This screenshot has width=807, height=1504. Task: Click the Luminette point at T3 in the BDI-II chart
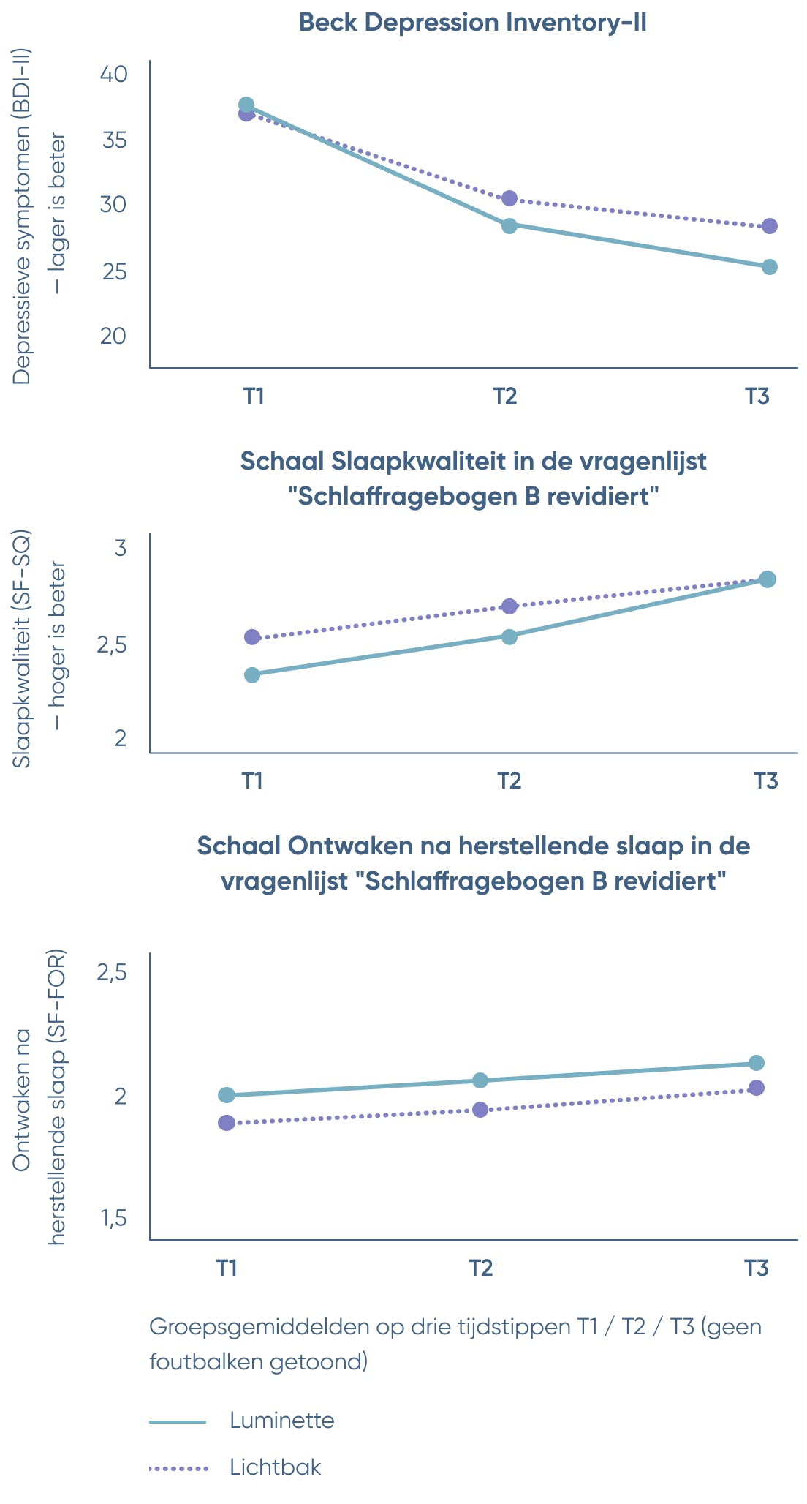769,267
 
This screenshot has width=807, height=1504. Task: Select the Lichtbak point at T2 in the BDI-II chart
509,198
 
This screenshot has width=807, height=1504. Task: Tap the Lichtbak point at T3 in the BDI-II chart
769,226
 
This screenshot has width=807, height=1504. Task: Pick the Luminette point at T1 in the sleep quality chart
252,674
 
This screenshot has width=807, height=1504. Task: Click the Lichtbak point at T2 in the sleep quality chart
509,606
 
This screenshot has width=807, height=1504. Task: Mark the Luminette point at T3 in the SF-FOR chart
757,1063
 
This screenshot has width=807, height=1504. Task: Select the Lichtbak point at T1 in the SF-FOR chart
227,1122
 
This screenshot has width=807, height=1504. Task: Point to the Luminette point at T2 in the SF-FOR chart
480,1080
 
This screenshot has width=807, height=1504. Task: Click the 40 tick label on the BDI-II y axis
113,74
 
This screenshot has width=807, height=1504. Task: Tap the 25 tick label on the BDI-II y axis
113,271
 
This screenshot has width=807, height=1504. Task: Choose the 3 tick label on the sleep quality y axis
121,548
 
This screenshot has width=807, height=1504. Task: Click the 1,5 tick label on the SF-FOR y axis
113,1218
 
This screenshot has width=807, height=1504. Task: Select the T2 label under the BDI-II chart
505,396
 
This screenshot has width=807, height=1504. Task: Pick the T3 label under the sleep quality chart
765,781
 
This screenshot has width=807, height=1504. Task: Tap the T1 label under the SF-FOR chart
227,1267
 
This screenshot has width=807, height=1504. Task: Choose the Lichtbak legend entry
275,1467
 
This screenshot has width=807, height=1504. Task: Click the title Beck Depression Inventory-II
473,23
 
